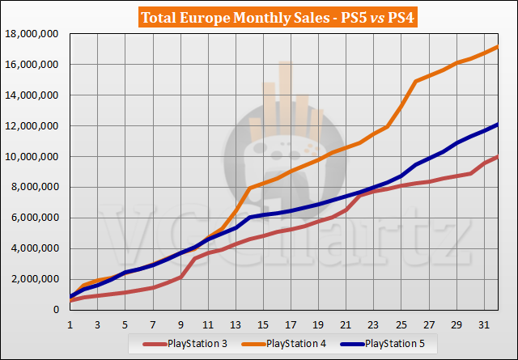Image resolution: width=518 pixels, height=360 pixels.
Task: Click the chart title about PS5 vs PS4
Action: point(259,16)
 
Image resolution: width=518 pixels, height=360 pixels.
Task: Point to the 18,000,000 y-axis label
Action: point(35,34)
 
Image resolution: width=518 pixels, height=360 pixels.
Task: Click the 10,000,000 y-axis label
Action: point(35,157)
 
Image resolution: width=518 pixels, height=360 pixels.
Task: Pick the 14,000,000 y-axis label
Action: point(35,95)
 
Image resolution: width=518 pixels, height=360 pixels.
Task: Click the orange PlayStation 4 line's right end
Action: point(497,47)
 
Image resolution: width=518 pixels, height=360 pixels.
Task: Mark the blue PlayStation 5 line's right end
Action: point(497,125)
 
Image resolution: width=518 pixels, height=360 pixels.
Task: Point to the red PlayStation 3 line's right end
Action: point(497,157)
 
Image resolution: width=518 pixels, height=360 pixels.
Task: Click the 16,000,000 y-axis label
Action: point(35,65)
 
